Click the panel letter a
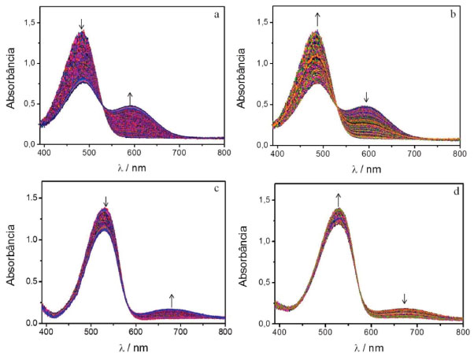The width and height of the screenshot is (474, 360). click(215, 14)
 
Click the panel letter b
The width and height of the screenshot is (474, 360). click(450, 14)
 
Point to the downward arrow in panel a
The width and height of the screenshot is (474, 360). click(81, 24)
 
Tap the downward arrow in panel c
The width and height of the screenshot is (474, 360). click(106, 202)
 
